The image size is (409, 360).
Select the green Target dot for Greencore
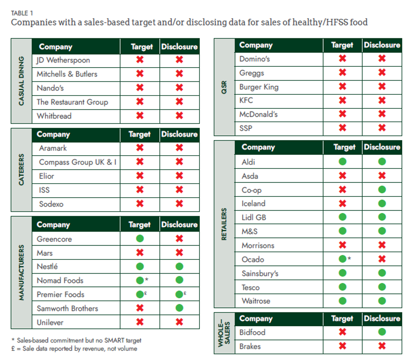(x=140, y=239)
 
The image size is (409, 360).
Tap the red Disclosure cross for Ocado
(x=381, y=259)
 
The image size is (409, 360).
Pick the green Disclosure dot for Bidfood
(x=381, y=332)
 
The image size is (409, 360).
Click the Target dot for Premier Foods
(x=140, y=295)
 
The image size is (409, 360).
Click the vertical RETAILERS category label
(x=225, y=224)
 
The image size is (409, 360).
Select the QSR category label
(x=225, y=87)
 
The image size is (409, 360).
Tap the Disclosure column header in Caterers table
(x=179, y=134)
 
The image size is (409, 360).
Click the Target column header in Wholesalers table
(x=342, y=319)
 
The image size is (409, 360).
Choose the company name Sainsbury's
(x=260, y=274)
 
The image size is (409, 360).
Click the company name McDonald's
(x=258, y=115)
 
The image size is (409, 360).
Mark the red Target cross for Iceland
(x=342, y=204)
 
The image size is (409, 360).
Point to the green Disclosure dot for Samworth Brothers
(x=179, y=308)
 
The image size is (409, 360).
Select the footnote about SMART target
(x=76, y=340)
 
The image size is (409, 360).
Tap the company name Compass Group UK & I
(x=78, y=162)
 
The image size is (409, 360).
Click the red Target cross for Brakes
(x=342, y=346)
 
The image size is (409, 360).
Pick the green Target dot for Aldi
(x=342, y=161)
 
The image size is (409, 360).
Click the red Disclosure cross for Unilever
(x=179, y=322)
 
